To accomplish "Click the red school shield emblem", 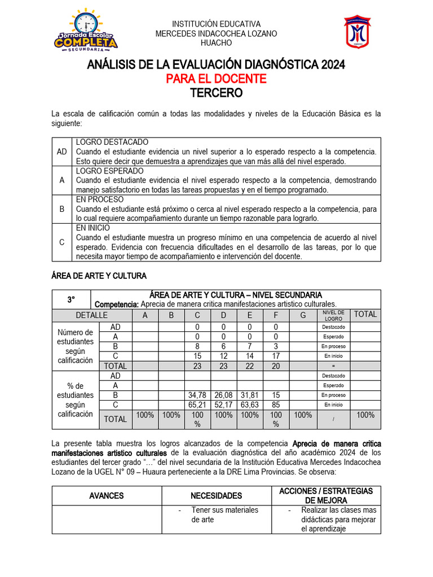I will pyautogui.click(x=357, y=33).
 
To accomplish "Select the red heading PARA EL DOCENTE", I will pyautogui.click(x=216, y=79).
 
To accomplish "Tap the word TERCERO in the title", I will pyautogui.click(x=216, y=92).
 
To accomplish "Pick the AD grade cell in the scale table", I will pyautogui.click(x=62, y=152).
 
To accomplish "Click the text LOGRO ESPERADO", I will pyautogui.click(x=110, y=171).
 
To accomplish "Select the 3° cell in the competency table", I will pyautogui.click(x=71, y=299).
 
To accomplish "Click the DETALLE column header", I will pyautogui.click(x=92, y=314).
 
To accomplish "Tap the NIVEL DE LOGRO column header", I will pyautogui.click(x=334, y=315).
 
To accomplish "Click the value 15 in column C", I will pyautogui.click(x=197, y=356).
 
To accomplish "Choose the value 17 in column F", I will pyautogui.click(x=276, y=356).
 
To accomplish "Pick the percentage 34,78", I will pyautogui.click(x=197, y=395).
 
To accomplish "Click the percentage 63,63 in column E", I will pyautogui.click(x=250, y=405).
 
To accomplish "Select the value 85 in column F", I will pyautogui.click(x=276, y=405).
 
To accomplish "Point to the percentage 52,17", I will pyautogui.click(x=223, y=405).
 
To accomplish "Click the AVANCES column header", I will pyautogui.click(x=107, y=496).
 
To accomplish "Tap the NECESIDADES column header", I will pyautogui.click(x=216, y=496).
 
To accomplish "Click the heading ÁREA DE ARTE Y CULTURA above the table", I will pyautogui.click(x=99, y=276).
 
